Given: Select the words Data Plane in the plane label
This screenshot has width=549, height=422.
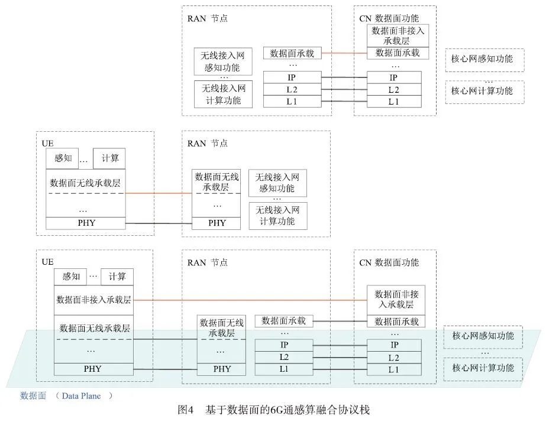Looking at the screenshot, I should pos(81,396).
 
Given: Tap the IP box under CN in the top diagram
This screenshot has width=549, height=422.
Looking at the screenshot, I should pos(393,77).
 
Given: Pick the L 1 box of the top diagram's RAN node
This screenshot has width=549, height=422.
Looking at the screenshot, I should pos(292,102).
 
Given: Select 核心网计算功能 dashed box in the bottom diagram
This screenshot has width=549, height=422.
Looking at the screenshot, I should pos(483,368).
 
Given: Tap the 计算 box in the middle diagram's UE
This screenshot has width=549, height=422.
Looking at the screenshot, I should pos(109,158).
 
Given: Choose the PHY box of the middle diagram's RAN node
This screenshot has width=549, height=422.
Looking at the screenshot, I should pos(217,223).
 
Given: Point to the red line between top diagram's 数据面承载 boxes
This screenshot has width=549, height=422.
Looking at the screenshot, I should pos(344,53).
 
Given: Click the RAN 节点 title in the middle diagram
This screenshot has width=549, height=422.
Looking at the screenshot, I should pos(207,144).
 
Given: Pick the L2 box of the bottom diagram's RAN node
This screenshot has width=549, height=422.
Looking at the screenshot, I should pos(283,357).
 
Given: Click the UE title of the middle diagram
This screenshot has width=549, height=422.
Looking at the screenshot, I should pos(47,144).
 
